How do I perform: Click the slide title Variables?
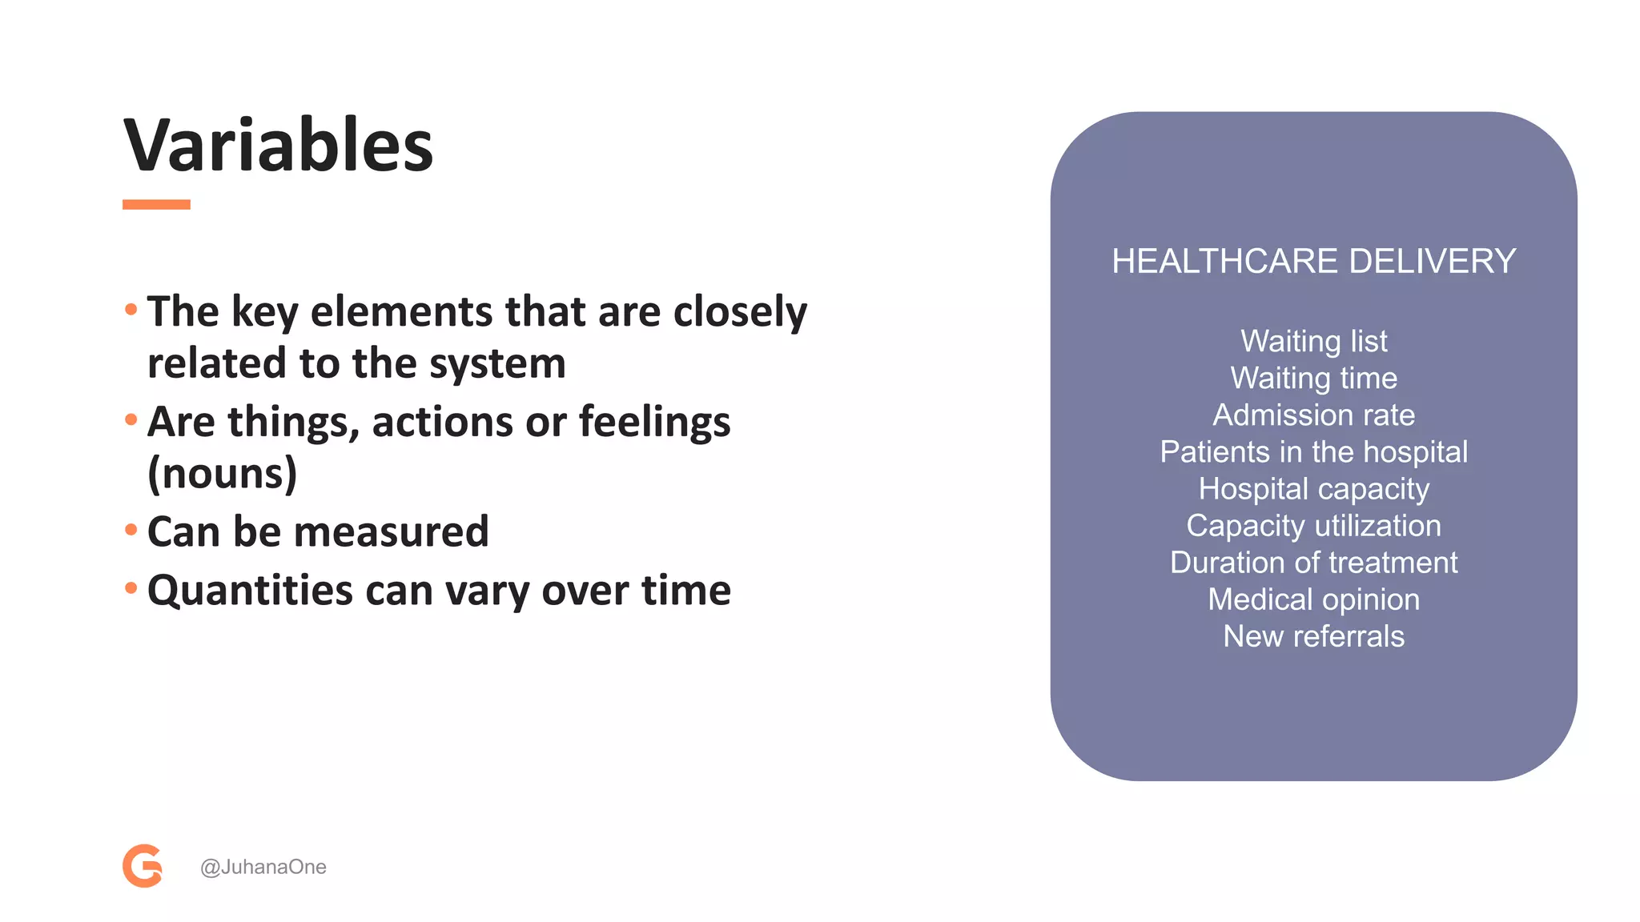278,146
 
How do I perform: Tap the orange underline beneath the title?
156,205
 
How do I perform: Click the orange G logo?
143,866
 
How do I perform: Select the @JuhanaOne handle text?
263,867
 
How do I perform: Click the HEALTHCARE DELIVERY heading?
1313,262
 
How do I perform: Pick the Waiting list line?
1313,341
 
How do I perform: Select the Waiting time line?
1313,378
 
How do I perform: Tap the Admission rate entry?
1313,415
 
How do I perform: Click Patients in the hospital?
1313,451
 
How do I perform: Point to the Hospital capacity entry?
1313,488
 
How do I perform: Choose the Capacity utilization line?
1313,525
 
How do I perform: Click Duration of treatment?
1313,562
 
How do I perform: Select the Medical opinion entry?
1313,599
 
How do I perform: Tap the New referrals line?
1313,636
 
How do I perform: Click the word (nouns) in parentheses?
222,473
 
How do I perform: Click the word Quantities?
250,591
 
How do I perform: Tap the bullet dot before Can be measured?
131,529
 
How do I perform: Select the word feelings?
654,422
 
